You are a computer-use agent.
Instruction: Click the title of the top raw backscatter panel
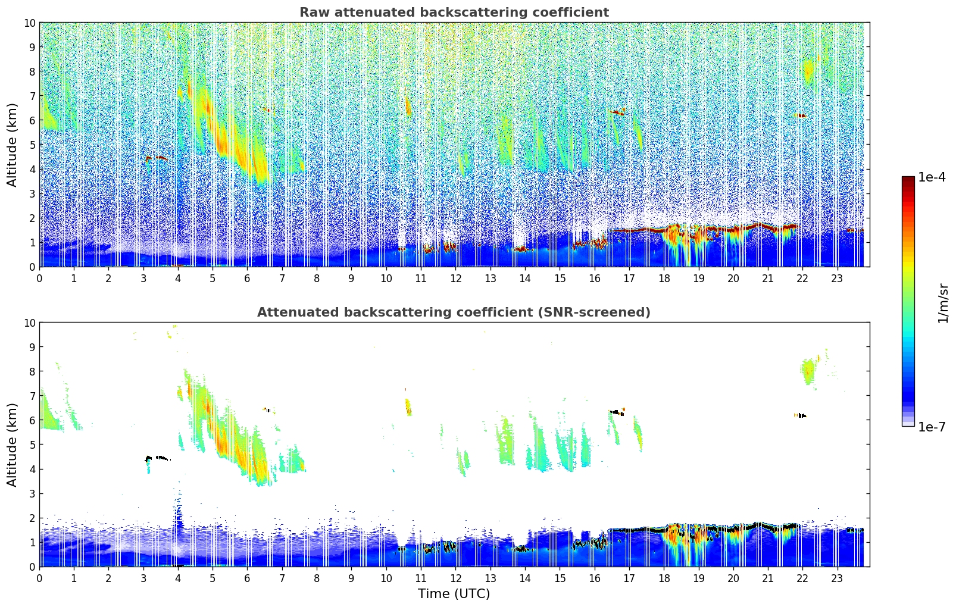point(454,12)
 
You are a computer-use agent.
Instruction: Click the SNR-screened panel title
point(454,312)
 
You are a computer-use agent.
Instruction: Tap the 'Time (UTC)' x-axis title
point(454,593)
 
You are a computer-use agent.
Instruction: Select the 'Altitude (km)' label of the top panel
point(13,145)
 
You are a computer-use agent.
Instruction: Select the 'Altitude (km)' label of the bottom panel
point(13,445)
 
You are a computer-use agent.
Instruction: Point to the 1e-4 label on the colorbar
point(932,177)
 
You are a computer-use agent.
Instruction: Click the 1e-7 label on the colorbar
point(932,427)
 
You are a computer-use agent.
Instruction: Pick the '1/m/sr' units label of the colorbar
point(943,302)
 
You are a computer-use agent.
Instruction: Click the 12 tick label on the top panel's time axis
point(455,278)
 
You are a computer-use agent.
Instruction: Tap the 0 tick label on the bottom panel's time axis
point(40,578)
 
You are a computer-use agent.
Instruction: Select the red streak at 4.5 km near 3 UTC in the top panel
point(157,158)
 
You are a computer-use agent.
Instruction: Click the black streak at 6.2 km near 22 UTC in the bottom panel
point(802,415)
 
